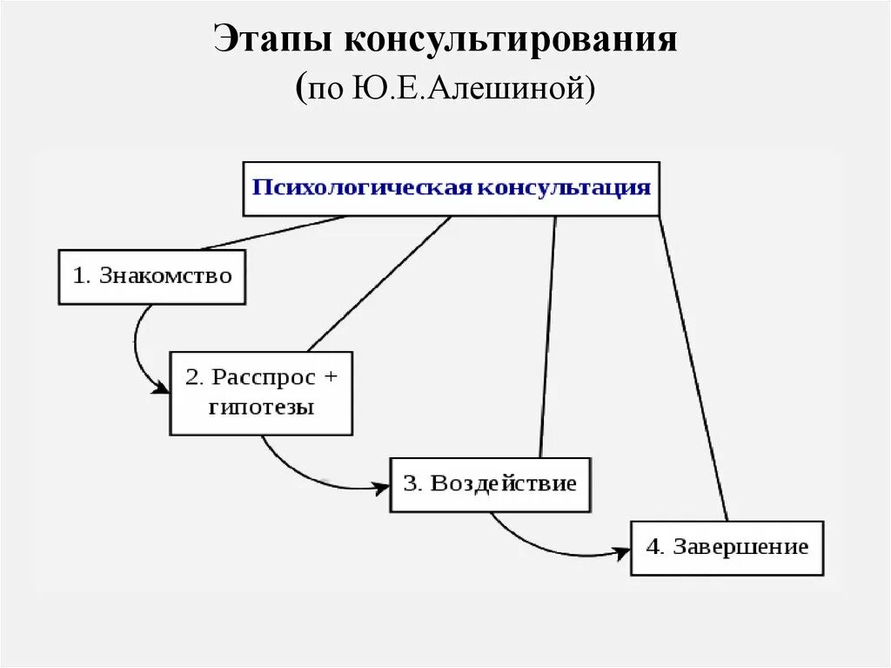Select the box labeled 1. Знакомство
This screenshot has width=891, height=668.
(x=152, y=277)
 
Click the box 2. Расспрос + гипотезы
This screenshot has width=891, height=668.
(x=261, y=393)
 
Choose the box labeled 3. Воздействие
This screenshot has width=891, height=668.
(x=490, y=483)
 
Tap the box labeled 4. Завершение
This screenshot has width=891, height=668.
(x=727, y=548)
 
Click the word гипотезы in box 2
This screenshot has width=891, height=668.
(x=261, y=407)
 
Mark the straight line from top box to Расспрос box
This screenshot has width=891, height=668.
(x=379, y=283)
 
